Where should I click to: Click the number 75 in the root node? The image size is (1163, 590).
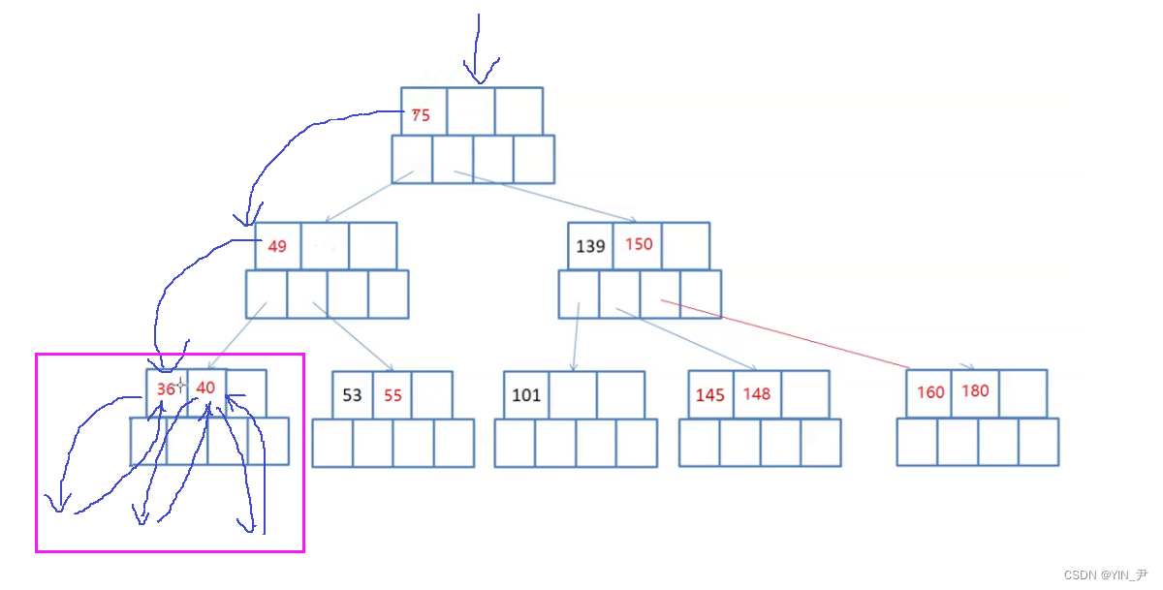pyautogui.click(x=421, y=114)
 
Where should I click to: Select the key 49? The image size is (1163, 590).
pyautogui.click(x=277, y=246)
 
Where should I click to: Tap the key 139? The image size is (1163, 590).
pyautogui.click(x=590, y=246)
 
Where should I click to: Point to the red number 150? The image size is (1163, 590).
pyautogui.click(x=639, y=244)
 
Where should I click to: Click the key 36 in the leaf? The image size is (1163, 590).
pyautogui.click(x=167, y=388)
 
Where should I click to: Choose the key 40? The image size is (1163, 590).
pyautogui.click(x=205, y=388)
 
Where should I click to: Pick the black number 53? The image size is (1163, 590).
pyautogui.click(x=352, y=395)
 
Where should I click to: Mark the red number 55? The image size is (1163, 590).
pyautogui.click(x=393, y=395)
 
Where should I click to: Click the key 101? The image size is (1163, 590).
pyautogui.click(x=526, y=395)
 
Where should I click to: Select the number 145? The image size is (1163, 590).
pyautogui.click(x=710, y=395)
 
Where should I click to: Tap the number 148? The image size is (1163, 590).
pyautogui.click(x=757, y=394)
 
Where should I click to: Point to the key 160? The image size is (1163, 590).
pyautogui.click(x=930, y=392)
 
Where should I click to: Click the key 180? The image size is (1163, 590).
pyautogui.click(x=975, y=391)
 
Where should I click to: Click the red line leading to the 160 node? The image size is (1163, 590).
pyautogui.click(x=785, y=334)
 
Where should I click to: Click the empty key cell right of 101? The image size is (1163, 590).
pyautogui.click(x=573, y=395)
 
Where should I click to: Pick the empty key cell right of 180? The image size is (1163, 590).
pyautogui.click(x=1022, y=392)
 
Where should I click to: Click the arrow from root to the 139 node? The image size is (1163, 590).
pyautogui.click(x=543, y=197)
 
